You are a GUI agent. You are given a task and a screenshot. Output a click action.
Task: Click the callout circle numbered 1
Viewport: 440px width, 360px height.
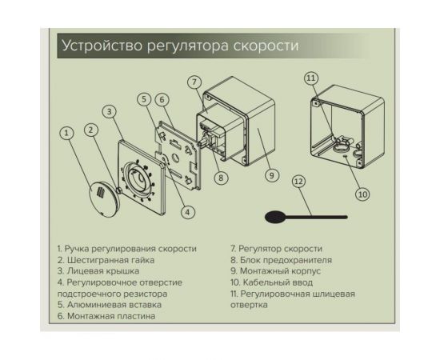(67, 132)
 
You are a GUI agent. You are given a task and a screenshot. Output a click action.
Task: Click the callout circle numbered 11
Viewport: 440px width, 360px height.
(311, 78)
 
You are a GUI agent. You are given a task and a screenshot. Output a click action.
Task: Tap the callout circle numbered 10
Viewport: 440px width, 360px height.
(362, 193)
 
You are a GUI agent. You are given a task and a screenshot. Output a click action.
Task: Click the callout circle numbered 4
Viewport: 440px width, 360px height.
(187, 212)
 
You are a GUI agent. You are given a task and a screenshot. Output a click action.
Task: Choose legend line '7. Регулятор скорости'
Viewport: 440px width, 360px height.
(276, 249)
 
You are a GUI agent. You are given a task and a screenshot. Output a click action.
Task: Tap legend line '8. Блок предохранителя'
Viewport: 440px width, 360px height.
(281, 260)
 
